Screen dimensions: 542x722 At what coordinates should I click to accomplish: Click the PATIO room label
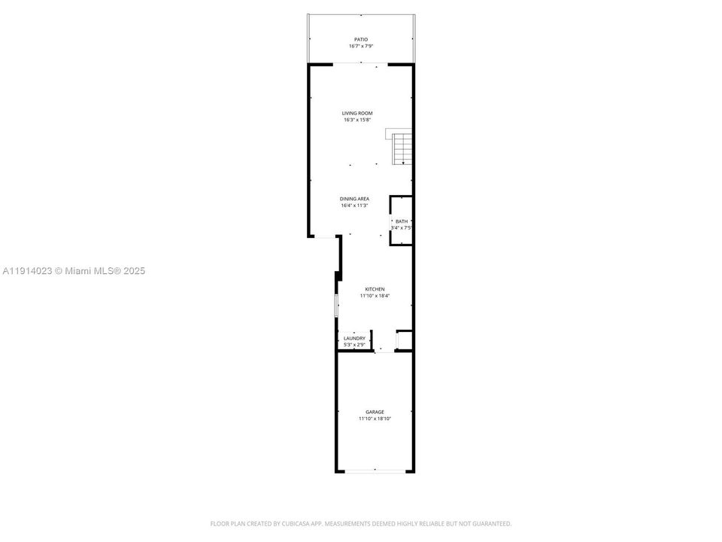(x=361, y=39)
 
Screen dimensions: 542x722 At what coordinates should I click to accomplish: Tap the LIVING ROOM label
(x=357, y=113)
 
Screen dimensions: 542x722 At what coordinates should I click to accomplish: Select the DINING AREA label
(x=354, y=199)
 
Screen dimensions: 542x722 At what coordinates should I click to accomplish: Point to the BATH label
(x=401, y=221)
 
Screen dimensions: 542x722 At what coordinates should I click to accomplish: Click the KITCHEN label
(x=375, y=289)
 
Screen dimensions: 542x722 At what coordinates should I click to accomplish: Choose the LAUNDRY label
(x=354, y=339)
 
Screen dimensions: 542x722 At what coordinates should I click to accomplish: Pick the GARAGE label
(x=375, y=412)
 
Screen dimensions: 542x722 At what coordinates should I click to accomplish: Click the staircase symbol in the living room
(x=403, y=148)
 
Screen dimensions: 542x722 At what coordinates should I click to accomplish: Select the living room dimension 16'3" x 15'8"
(x=357, y=120)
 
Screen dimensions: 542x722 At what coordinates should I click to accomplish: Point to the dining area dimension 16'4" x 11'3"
(x=354, y=206)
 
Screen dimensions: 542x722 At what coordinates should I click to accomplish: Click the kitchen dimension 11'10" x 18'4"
(x=375, y=296)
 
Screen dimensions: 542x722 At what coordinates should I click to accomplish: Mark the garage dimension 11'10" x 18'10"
(x=375, y=419)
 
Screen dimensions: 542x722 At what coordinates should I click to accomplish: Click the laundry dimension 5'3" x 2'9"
(x=354, y=345)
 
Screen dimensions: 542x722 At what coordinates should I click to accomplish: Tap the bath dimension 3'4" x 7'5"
(x=401, y=227)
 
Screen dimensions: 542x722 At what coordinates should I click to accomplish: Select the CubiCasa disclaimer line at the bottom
(x=360, y=523)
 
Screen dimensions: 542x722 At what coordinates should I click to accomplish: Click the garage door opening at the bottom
(x=374, y=471)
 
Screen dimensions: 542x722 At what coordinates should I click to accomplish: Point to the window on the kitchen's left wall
(x=336, y=306)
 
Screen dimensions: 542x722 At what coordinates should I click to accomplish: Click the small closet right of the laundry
(x=404, y=340)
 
